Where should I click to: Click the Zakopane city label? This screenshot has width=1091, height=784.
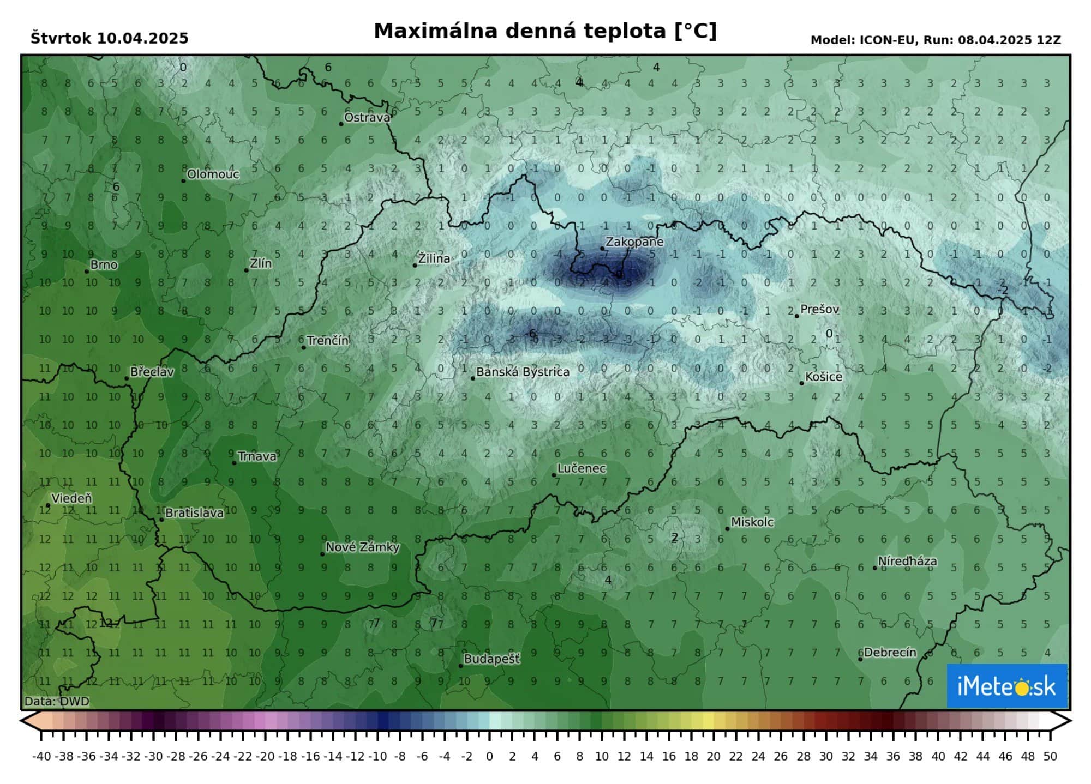(634, 242)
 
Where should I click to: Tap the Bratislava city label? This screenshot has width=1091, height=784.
(194, 513)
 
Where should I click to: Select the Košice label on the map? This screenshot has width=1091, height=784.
(824, 377)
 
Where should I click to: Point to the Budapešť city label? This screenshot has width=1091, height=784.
(491, 659)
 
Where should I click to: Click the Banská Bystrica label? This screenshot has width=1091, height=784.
(523, 372)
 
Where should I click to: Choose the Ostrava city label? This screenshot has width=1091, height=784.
(367, 118)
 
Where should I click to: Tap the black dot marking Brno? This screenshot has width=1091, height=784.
(87, 272)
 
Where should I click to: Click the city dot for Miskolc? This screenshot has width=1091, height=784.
(727, 529)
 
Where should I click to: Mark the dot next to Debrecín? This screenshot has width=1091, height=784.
(860, 659)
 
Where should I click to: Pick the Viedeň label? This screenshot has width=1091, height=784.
(71, 498)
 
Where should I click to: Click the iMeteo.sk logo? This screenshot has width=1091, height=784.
(1006, 686)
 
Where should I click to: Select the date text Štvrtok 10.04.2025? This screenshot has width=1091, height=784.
(110, 38)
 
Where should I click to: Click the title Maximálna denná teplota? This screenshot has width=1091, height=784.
(545, 31)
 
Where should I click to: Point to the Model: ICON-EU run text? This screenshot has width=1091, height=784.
(936, 40)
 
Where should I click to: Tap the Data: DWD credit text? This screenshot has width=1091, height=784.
(57, 701)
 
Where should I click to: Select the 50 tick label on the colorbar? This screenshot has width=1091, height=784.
(1050, 757)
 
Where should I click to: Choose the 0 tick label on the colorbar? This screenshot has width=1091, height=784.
(489, 757)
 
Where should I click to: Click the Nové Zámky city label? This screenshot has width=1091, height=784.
(362, 547)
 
